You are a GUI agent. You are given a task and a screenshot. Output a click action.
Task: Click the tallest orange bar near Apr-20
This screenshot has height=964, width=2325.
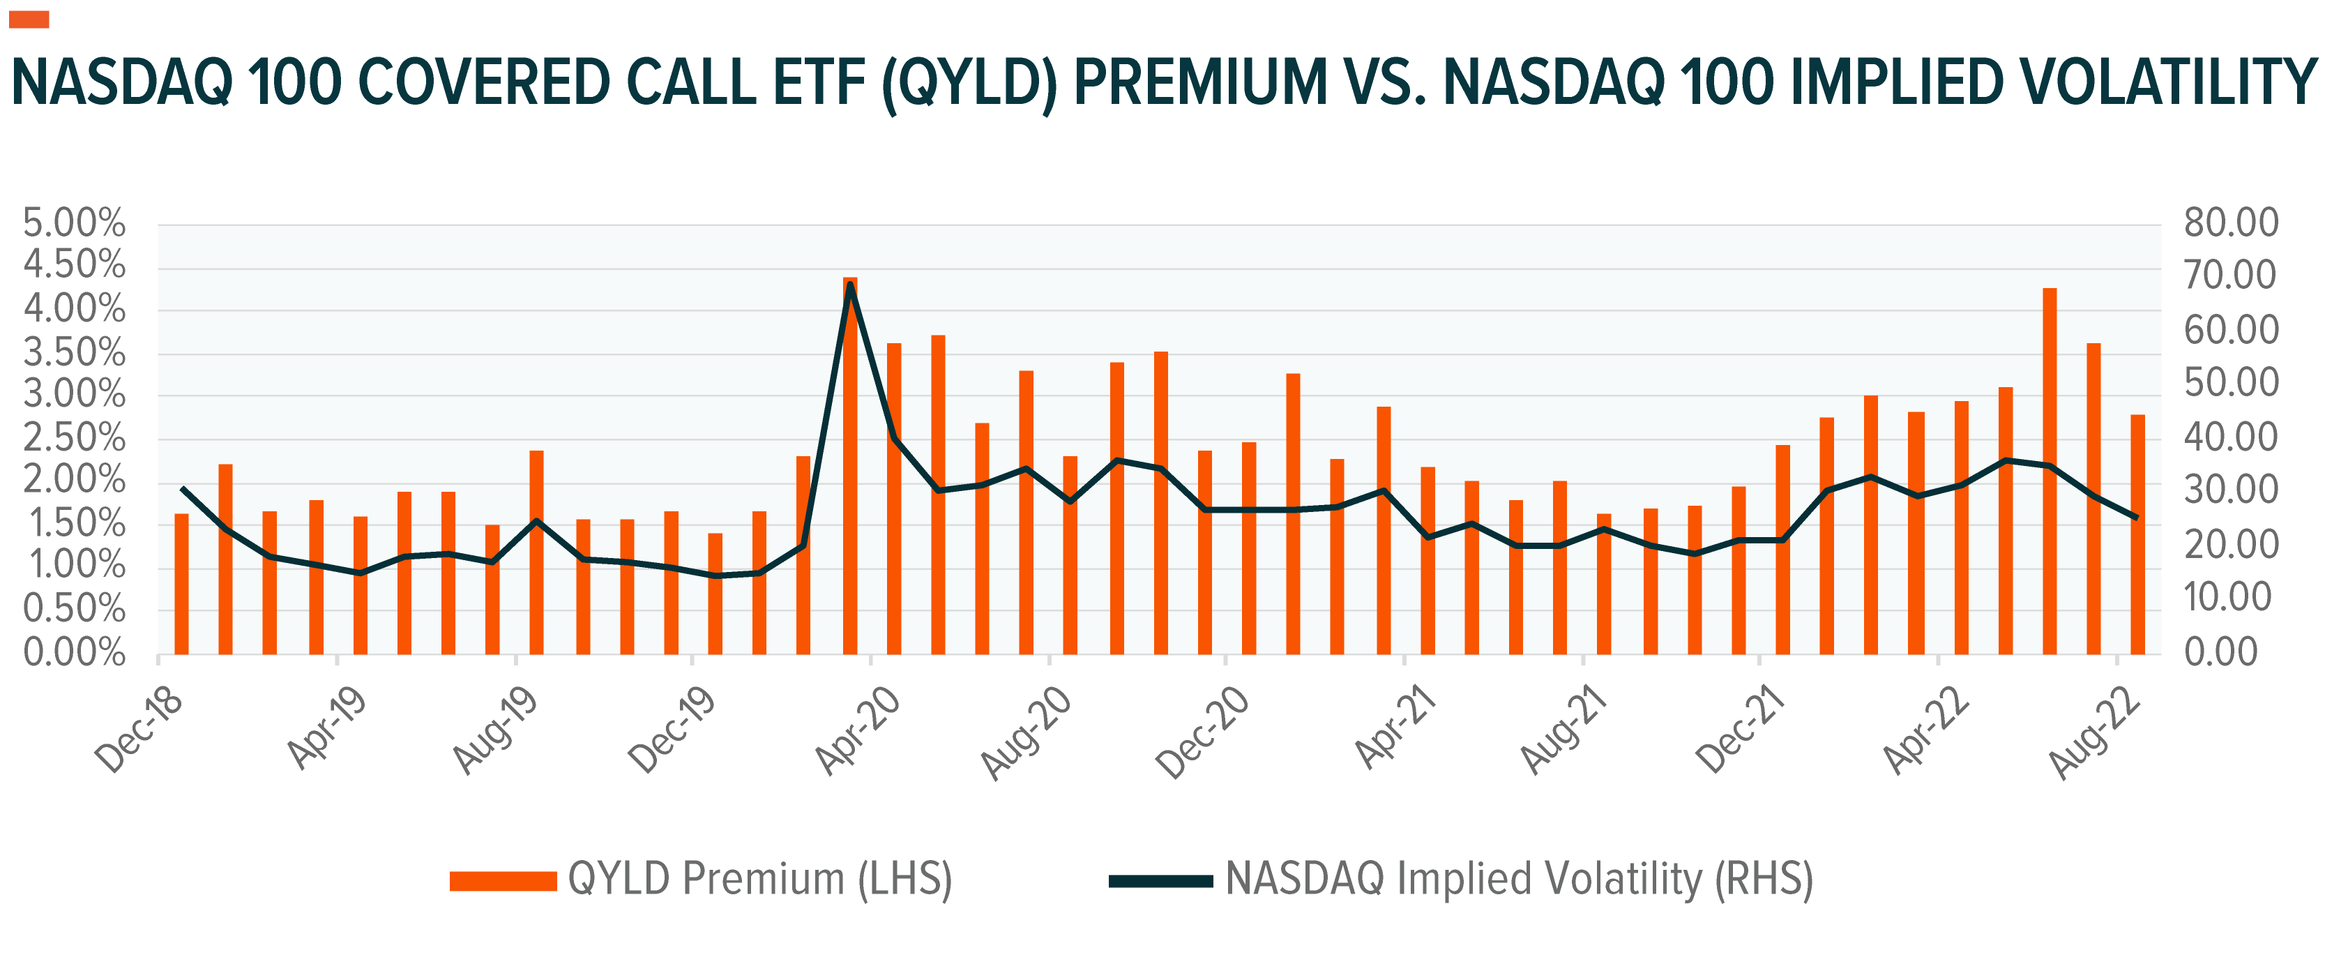tap(849, 465)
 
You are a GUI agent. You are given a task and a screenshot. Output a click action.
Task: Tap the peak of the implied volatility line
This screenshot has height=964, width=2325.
tap(850, 285)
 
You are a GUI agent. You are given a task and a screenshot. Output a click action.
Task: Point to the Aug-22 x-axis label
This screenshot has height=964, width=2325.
tap(2095, 731)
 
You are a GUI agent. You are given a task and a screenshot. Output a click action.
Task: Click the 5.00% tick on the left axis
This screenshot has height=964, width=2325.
tap(74, 223)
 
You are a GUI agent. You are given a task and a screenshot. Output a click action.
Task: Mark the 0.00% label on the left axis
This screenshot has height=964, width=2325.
tap(74, 652)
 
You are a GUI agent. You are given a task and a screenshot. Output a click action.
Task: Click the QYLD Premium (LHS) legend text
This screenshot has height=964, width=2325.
tap(759, 879)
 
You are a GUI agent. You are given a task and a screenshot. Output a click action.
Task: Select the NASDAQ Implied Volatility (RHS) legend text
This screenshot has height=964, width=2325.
tap(1519, 879)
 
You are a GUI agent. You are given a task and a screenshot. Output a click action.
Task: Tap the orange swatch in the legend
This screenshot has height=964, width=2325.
tap(503, 881)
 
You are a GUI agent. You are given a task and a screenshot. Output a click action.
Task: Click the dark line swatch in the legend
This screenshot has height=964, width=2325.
tap(1160, 881)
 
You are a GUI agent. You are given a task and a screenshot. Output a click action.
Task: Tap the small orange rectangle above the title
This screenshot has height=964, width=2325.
tap(29, 19)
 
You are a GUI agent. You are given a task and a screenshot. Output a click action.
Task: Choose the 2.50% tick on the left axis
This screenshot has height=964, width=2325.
tap(74, 438)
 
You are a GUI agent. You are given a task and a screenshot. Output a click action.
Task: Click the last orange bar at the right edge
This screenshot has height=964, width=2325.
tap(2137, 534)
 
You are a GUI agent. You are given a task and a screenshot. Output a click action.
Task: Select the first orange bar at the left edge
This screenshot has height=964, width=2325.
tap(181, 584)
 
